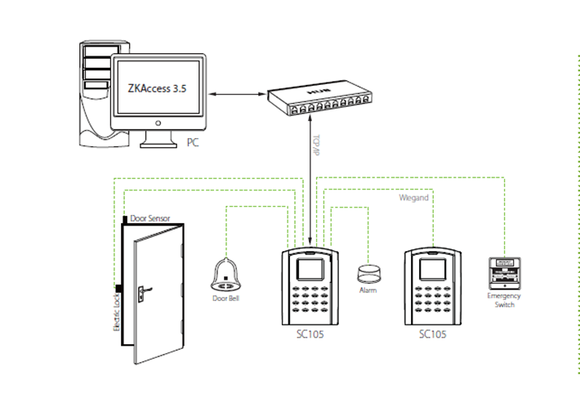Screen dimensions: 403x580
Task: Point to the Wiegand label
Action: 413,198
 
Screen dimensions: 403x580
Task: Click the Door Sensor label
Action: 152,219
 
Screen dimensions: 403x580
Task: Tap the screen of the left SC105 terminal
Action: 309,269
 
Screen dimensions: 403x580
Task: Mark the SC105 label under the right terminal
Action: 431,335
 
